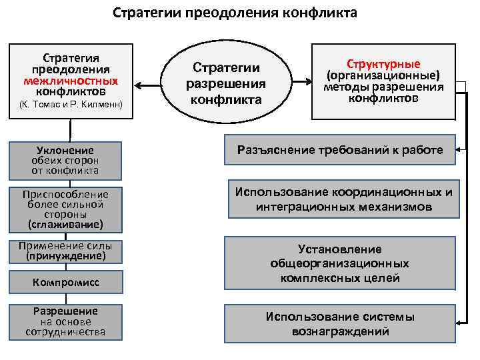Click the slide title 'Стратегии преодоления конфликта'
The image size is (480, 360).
[x=234, y=13]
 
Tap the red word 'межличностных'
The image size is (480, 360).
[x=70, y=80]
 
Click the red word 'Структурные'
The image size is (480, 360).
[x=383, y=64]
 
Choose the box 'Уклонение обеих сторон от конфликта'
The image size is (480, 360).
[x=65, y=160]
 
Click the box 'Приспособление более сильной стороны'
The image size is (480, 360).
[x=65, y=208]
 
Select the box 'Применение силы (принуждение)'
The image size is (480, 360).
[x=65, y=251]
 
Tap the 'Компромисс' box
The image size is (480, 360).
[x=65, y=283]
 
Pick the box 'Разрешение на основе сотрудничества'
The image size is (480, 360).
[x=65, y=321]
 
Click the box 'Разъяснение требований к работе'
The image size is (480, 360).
[x=340, y=150]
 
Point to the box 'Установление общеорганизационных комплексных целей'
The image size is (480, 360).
[x=340, y=263]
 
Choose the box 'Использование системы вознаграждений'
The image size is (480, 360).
[x=340, y=324]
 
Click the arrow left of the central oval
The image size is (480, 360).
[x=153, y=84]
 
